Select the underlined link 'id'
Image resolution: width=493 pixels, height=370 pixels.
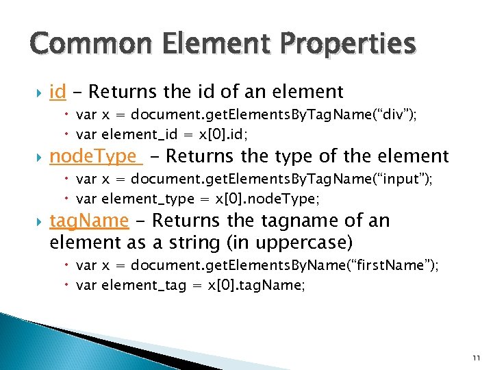pos(58,91)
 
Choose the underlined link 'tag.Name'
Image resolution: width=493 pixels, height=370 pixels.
pos(89,221)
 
